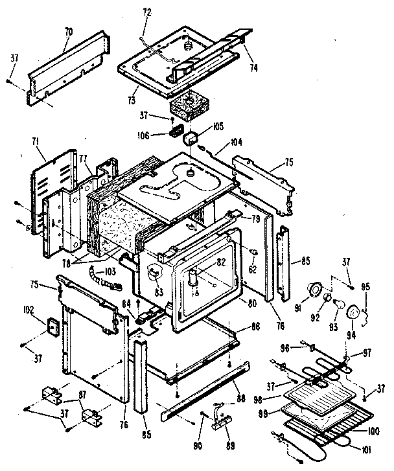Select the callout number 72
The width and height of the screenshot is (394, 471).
tap(146, 12)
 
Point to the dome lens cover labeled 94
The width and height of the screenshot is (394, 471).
tap(353, 313)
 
